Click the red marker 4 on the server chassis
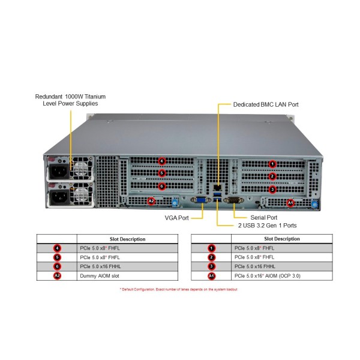pyautogui.click(x=161, y=160)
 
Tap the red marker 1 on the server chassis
pyautogui.click(x=272, y=163)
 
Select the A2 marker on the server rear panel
pyautogui.click(x=151, y=201)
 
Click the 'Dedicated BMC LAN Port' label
pyautogui.click(x=266, y=104)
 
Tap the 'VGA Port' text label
pyautogui.click(x=177, y=217)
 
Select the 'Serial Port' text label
pyautogui.click(x=263, y=217)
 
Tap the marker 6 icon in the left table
pyautogui.click(x=57, y=266)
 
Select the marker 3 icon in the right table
pyautogui.click(x=211, y=266)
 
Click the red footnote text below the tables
pyautogui.click(x=179, y=290)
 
